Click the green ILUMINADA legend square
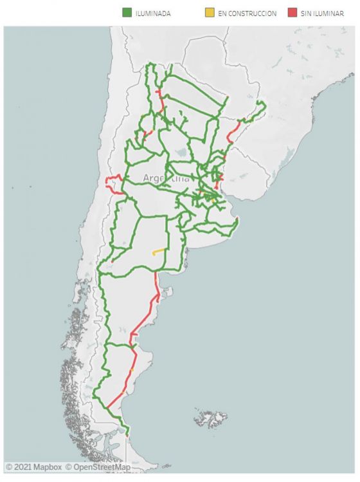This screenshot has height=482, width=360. pos(126,12)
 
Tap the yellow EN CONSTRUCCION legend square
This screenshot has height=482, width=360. pos(210,12)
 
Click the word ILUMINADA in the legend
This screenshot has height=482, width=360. pos(152,13)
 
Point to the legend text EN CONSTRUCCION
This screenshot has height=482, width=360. pos(248,13)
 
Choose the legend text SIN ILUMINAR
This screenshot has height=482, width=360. pos(322,13)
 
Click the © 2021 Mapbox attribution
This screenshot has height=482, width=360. pos(33,467)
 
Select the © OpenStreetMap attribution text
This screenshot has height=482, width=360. pos(97,467)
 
